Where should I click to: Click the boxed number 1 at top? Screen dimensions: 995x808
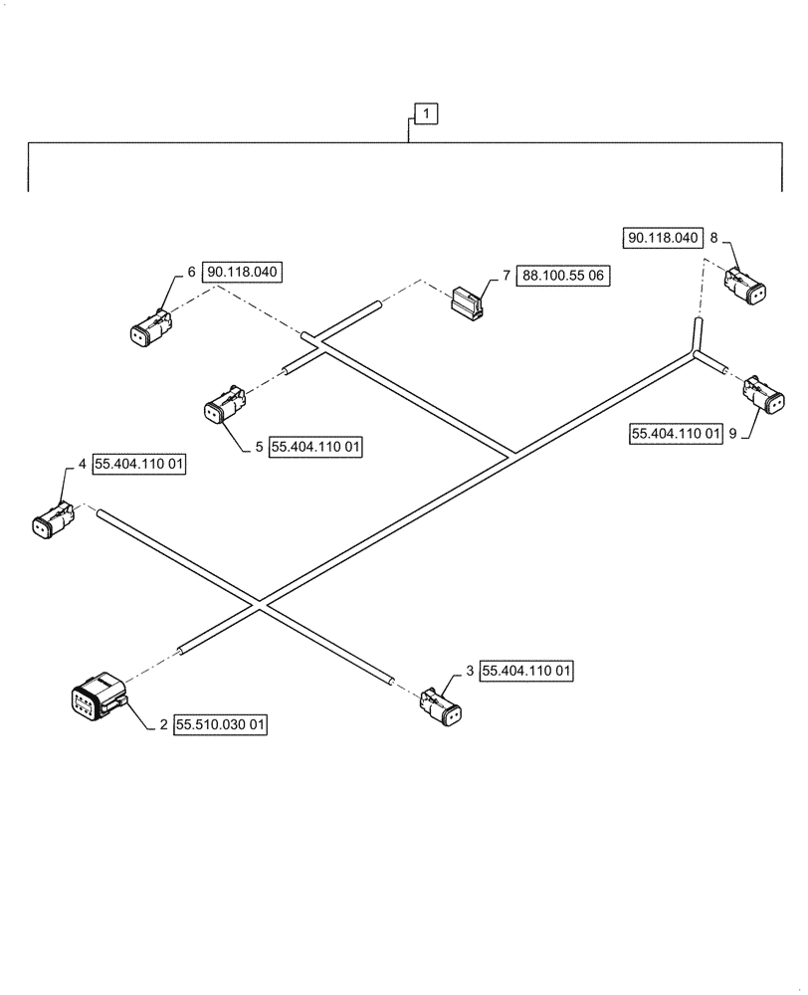pyautogui.click(x=426, y=115)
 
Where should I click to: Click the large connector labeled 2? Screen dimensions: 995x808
pyautogui.click(x=98, y=701)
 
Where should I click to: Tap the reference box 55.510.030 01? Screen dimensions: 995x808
pyautogui.click(x=221, y=725)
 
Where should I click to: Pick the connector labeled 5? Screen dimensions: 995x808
pyautogui.click(x=224, y=406)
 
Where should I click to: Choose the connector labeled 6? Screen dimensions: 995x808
pyautogui.click(x=152, y=327)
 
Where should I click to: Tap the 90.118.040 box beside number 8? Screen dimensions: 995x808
pyautogui.click(x=664, y=238)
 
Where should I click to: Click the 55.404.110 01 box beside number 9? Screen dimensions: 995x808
pyautogui.click(x=675, y=434)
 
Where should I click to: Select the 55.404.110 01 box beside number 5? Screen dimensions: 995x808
pyautogui.click(x=315, y=448)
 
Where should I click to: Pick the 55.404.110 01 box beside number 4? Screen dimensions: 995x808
pyautogui.click(x=140, y=465)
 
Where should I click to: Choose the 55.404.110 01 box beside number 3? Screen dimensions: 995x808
pyautogui.click(x=526, y=672)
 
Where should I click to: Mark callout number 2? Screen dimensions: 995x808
pyautogui.click(x=163, y=725)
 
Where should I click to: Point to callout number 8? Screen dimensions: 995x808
pyautogui.click(x=713, y=238)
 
